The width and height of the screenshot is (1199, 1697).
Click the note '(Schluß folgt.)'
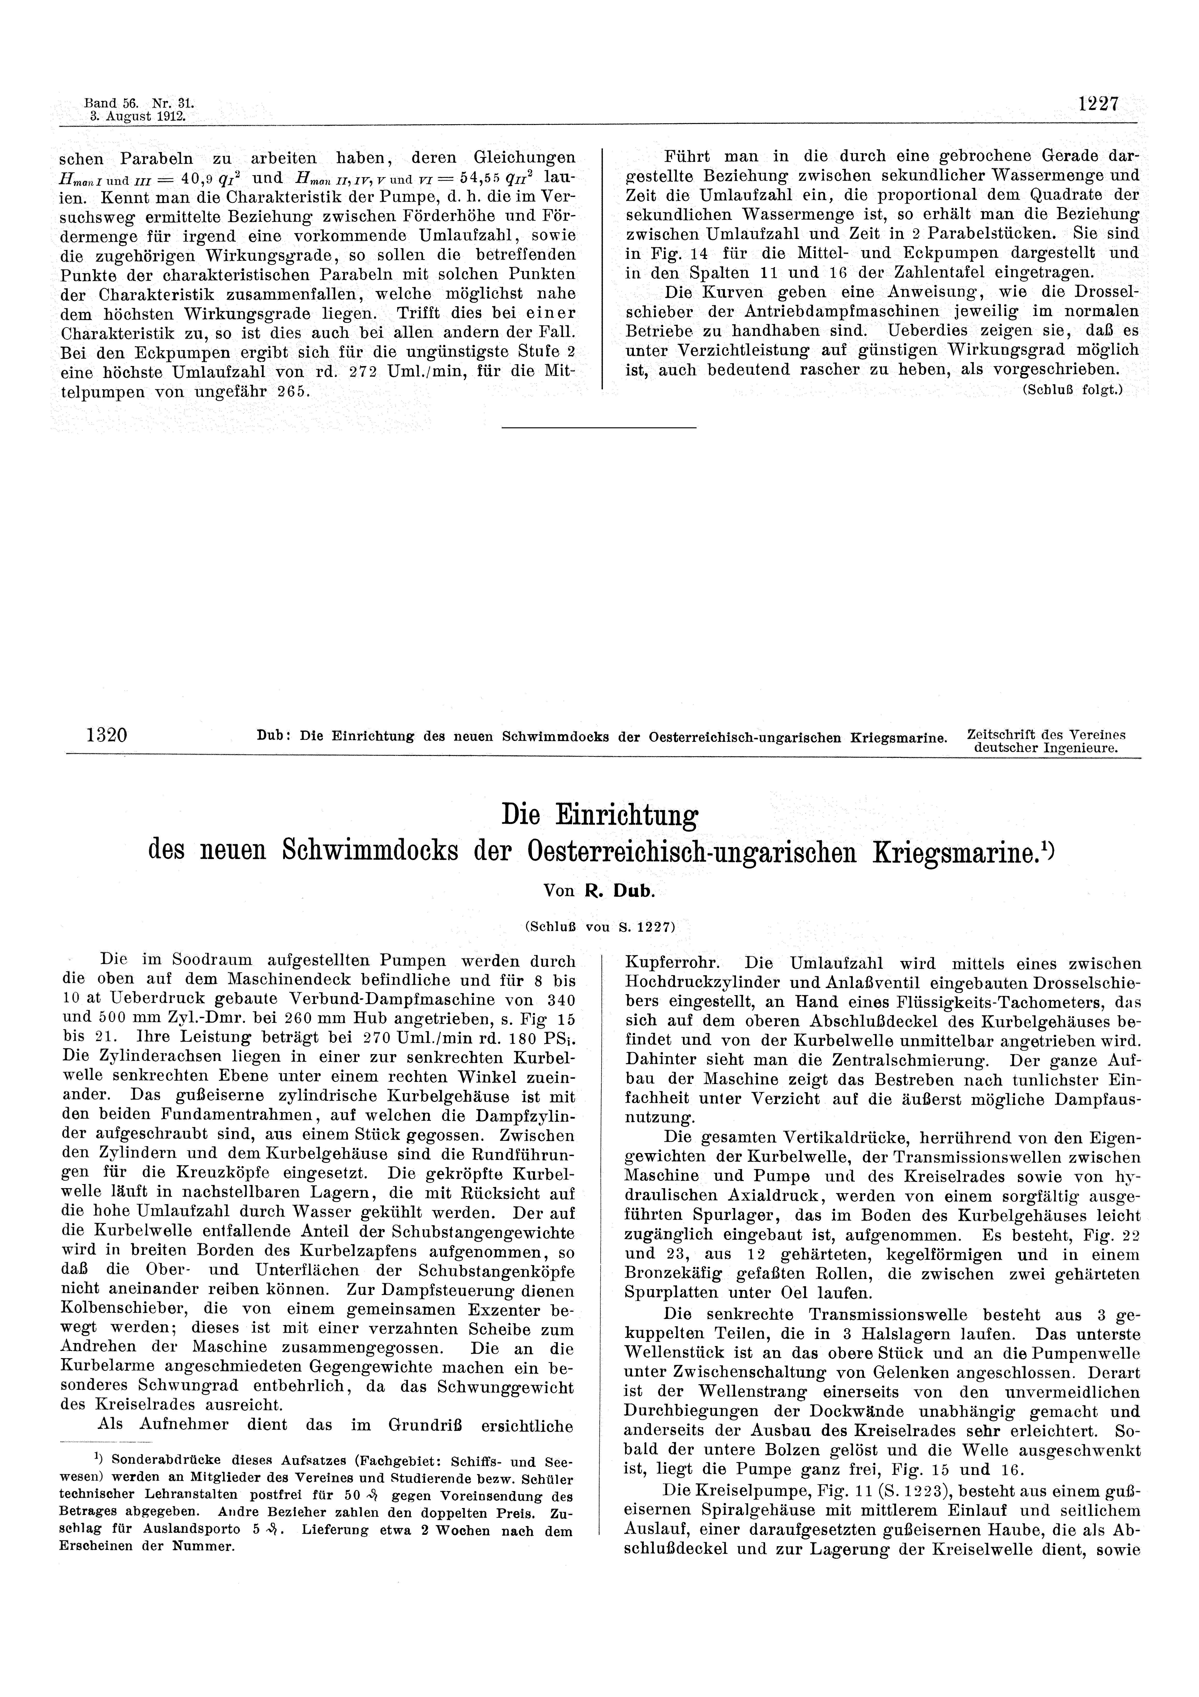tap(1072, 390)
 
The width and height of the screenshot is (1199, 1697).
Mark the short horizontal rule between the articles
tap(599, 427)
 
